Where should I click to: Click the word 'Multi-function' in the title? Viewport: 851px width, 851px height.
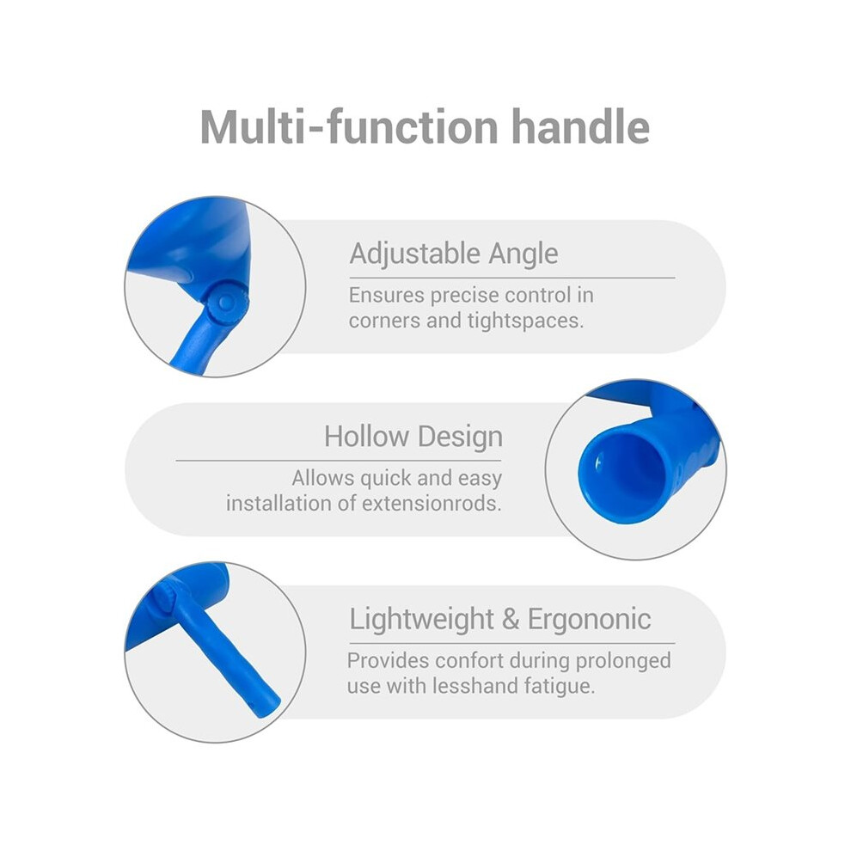(349, 127)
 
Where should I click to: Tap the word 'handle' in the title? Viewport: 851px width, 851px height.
(581, 127)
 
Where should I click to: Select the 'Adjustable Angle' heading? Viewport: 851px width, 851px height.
(454, 254)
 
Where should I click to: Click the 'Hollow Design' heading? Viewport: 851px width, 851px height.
(413, 437)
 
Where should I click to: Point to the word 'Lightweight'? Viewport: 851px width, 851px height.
(422, 619)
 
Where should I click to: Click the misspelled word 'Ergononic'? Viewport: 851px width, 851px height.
(590, 619)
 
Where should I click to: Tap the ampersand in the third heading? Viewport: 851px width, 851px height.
(511, 619)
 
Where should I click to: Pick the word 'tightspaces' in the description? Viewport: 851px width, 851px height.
(525, 321)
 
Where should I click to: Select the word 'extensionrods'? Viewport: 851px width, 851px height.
(432, 504)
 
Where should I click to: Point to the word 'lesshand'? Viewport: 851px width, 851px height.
(475, 686)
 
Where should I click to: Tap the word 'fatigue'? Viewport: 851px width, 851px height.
(560, 687)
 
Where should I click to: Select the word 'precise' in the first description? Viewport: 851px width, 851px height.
(464, 296)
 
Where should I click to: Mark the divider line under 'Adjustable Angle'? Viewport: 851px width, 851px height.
(512, 278)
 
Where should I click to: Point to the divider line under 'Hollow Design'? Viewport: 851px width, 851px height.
(339, 461)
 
